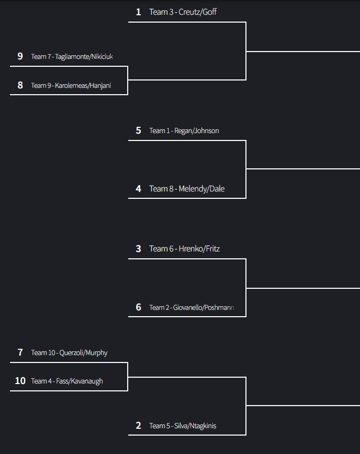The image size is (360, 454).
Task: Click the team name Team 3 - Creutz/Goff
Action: pyautogui.click(x=183, y=12)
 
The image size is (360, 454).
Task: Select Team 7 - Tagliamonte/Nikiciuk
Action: pyautogui.click(x=72, y=56)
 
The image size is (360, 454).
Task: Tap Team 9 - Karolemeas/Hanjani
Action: pyautogui.click(x=71, y=85)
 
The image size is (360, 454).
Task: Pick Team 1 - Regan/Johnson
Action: pyautogui.click(x=184, y=130)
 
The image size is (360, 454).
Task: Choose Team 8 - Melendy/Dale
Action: pyautogui.click(x=187, y=189)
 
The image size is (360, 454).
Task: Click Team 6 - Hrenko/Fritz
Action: pyautogui.click(x=184, y=249)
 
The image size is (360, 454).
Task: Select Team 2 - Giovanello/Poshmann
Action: pyautogui.click(x=192, y=307)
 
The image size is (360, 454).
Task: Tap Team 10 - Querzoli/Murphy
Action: pyautogui.click(x=69, y=352)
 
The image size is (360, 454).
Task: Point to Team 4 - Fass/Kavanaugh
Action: pyautogui.click(x=67, y=381)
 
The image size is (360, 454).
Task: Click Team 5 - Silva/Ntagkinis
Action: pyautogui.click(x=182, y=426)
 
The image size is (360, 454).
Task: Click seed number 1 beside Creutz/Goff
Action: pyautogui.click(x=138, y=12)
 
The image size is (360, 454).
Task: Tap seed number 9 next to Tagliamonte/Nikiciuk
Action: pyautogui.click(x=20, y=56)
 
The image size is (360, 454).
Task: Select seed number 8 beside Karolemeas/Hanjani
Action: pyautogui.click(x=20, y=85)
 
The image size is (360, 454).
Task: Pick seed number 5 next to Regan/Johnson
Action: pyautogui.click(x=138, y=130)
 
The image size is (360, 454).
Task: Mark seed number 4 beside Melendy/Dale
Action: pyautogui.click(x=138, y=189)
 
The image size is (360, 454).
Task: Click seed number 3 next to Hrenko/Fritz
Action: pyautogui.click(x=138, y=249)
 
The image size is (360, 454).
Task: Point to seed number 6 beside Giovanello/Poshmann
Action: pyautogui.click(x=138, y=307)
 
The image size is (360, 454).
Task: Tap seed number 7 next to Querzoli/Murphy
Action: pyautogui.click(x=20, y=352)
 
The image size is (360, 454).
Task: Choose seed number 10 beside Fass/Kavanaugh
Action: pyautogui.click(x=20, y=381)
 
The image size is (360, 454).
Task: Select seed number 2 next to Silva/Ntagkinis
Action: pyautogui.click(x=138, y=426)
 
